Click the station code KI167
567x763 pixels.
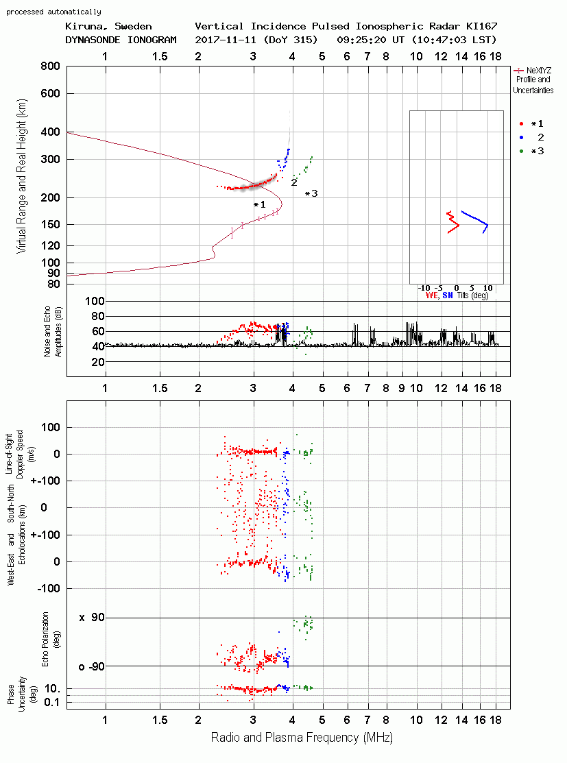tap(481, 26)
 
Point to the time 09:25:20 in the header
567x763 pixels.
tap(361, 40)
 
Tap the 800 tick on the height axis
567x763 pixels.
tap(51, 66)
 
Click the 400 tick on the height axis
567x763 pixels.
tap(51, 132)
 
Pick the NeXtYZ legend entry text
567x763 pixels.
tap(539, 71)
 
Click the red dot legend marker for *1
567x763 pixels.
tap(521, 124)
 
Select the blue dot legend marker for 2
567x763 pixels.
tap(521, 138)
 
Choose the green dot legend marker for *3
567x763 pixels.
tap(521, 152)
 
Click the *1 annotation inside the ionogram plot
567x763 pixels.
tap(260, 205)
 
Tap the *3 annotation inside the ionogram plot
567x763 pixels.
tap(311, 194)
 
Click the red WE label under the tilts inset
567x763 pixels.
tap(432, 295)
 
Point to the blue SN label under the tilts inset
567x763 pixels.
tap(448, 295)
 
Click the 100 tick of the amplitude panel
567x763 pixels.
tap(95, 301)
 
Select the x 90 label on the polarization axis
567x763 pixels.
tap(92, 618)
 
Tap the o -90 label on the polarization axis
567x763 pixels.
tap(91, 666)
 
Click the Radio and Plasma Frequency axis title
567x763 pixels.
tap(302, 738)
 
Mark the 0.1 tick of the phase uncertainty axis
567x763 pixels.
tap(52, 702)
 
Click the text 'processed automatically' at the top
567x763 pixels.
tap(53, 12)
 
